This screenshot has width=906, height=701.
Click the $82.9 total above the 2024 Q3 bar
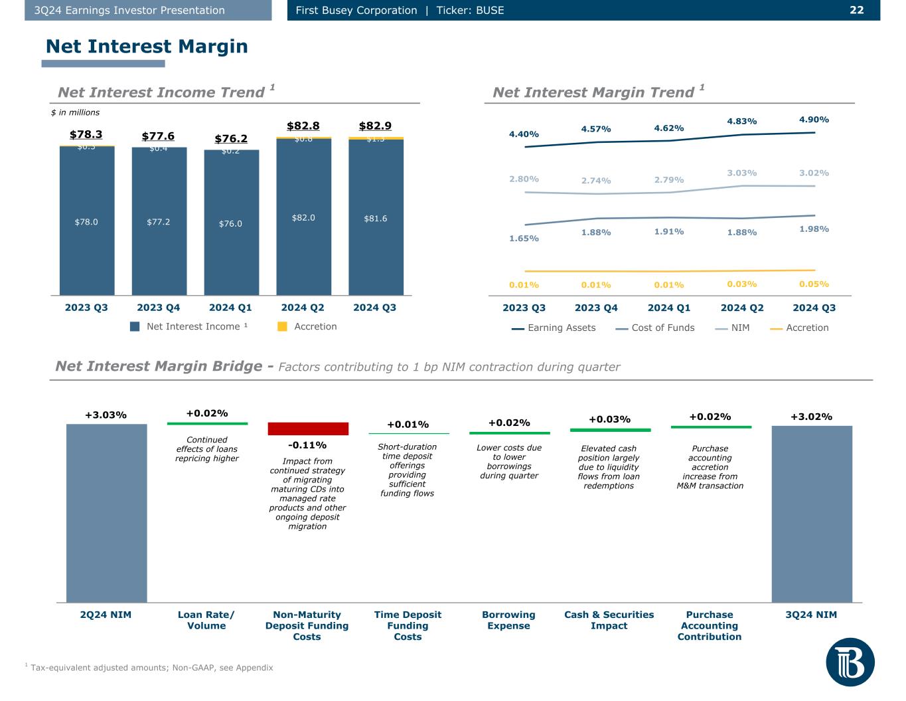[375, 126]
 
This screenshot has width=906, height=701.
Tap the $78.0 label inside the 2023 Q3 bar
[86, 222]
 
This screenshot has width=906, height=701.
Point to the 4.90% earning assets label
[814, 120]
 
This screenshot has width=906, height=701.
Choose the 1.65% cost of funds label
[524, 238]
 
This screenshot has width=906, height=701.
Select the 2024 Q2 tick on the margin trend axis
[741, 308]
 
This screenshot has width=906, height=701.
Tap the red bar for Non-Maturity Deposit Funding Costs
[308, 429]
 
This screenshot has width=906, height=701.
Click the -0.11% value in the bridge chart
[307, 445]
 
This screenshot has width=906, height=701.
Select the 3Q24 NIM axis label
[811, 615]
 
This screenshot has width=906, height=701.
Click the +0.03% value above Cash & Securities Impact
[609, 419]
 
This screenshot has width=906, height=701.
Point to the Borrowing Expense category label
[508, 620]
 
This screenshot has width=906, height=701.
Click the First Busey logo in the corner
[850, 662]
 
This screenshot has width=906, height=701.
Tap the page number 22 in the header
[856, 10]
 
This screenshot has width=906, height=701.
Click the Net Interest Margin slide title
[147, 47]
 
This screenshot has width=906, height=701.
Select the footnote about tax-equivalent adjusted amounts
[151, 668]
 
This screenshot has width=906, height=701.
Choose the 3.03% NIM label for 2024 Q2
[741, 173]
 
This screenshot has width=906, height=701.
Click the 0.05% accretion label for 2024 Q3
[814, 284]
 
